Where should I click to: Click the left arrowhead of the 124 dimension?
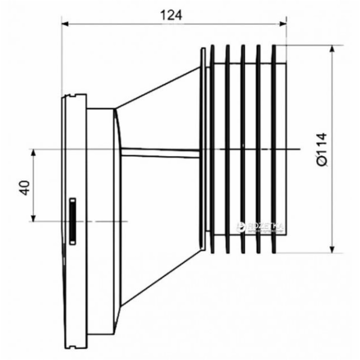coord(67,24)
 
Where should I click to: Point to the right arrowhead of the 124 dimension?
coord(284,24)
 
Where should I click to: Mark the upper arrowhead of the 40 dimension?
coord(34,152)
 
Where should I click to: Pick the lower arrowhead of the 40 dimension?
coord(34,218)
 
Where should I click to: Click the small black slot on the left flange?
coord(72,220)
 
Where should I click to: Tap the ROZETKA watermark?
coord(262,227)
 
